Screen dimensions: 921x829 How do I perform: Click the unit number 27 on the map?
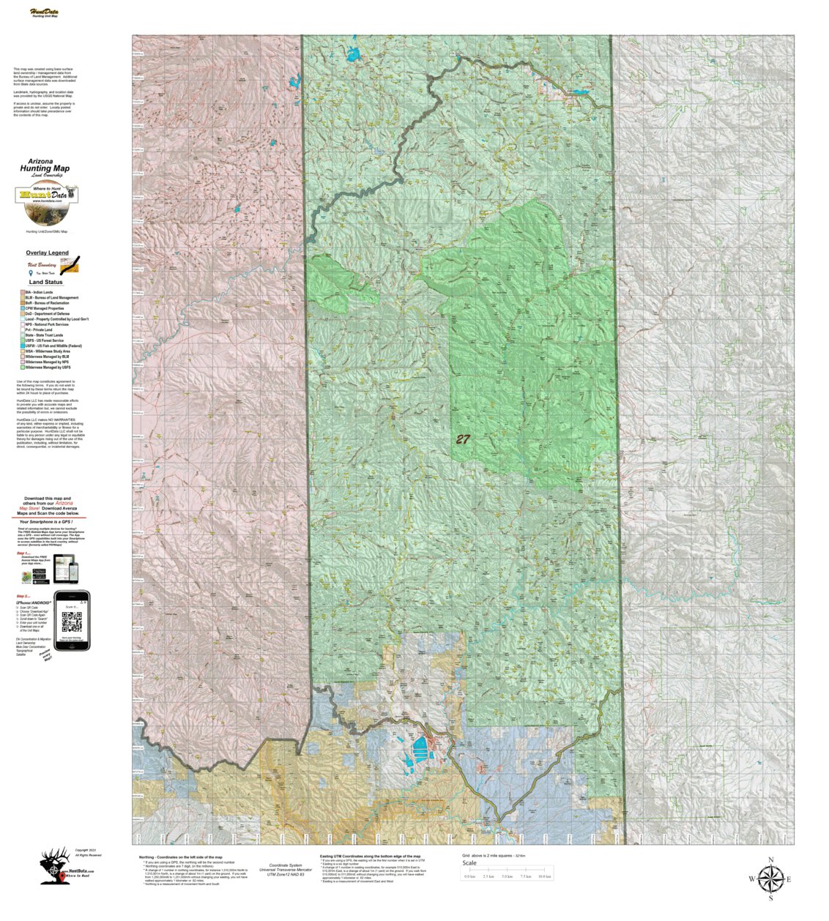(463, 439)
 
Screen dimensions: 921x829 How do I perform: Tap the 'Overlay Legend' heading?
(47, 253)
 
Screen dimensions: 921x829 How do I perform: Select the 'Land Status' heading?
(45, 282)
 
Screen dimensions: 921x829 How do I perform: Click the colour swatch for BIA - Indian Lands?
(22, 292)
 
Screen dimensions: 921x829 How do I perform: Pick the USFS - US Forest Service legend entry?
(44, 340)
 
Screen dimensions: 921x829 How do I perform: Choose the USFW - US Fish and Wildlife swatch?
(22, 346)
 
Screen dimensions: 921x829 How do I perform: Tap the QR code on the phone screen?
(72, 622)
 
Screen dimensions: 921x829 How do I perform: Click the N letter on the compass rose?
(770, 860)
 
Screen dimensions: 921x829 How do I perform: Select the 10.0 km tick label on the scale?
(544, 876)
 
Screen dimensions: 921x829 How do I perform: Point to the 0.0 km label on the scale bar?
(469, 876)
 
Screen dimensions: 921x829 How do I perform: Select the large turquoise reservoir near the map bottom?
(420, 747)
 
